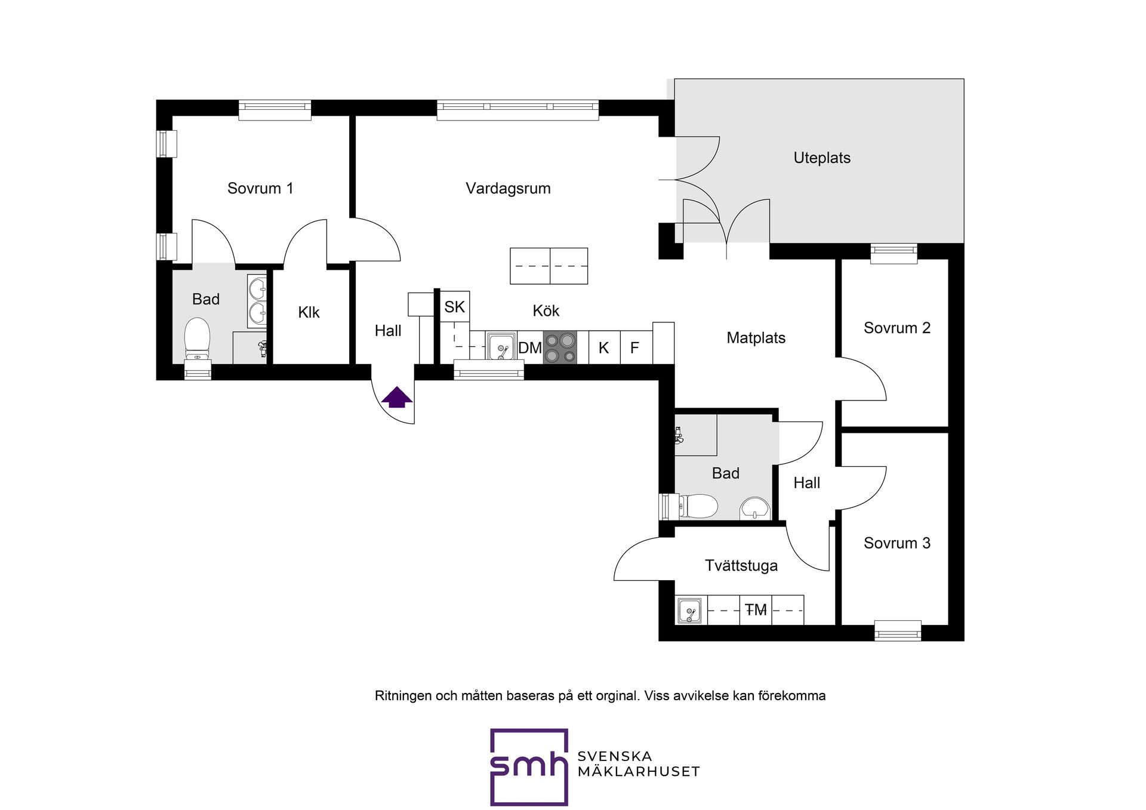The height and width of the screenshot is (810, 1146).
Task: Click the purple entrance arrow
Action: pyautogui.click(x=397, y=397)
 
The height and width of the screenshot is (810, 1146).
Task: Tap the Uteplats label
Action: pyautogui.click(x=822, y=158)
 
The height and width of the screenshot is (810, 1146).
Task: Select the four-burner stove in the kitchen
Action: pyautogui.click(x=560, y=347)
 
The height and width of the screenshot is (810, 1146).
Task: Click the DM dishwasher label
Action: pyautogui.click(x=530, y=348)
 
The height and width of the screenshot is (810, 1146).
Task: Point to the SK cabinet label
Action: pyautogui.click(x=454, y=307)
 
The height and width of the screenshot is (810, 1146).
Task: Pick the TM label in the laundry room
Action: pyautogui.click(x=756, y=610)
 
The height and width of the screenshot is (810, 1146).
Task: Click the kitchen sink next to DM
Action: pyautogui.click(x=501, y=347)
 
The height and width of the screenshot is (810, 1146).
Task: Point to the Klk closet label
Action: pyautogui.click(x=309, y=312)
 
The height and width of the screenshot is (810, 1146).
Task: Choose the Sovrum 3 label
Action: pyautogui.click(x=897, y=543)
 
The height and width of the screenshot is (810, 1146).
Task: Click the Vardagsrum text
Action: pyautogui.click(x=508, y=189)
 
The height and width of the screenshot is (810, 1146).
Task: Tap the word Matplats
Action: pyautogui.click(x=756, y=338)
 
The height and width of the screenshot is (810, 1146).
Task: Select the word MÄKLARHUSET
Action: pyautogui.click(x=638, y=771)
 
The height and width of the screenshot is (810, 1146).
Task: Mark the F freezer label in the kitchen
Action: pyautogui.click(x=634, y=347)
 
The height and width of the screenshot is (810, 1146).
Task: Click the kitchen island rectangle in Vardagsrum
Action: pyautogui.click(x=549, y=266)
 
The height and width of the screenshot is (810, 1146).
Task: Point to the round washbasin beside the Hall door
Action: pyautogui.click(x=755, y=509)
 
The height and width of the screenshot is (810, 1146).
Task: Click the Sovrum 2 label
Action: pyautogui.click(x=897, y=328)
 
